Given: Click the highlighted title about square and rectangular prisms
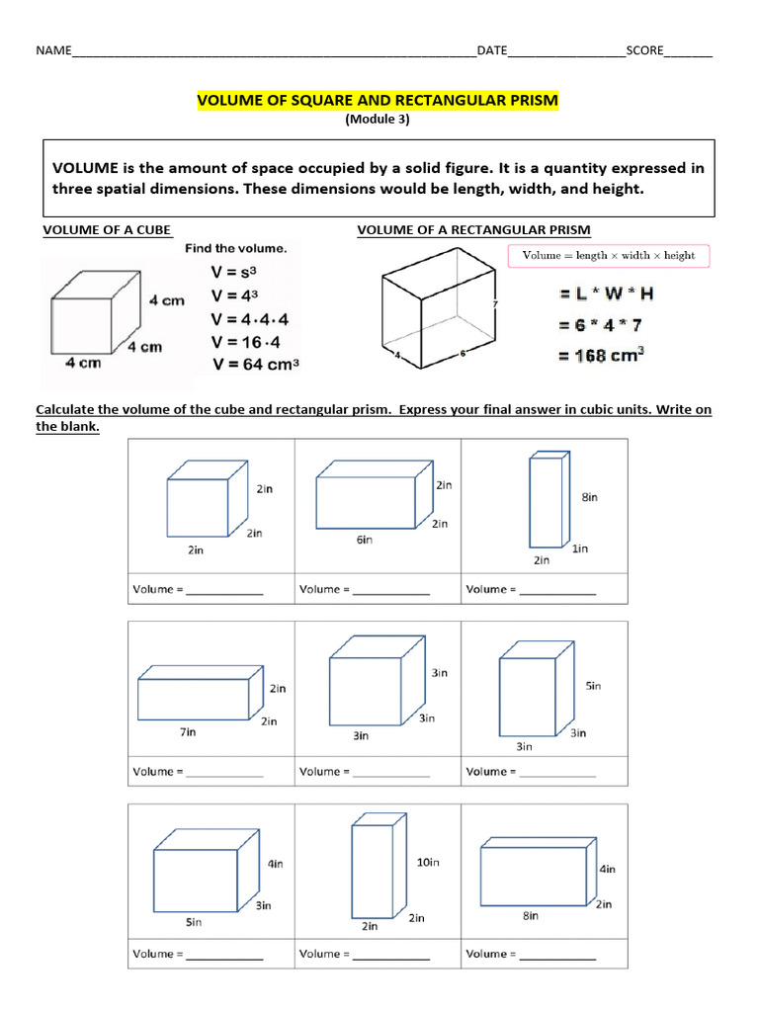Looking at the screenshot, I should pyautogui.click(x=378, y=101).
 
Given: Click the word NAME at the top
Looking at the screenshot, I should pyautogui.click(x=54, y=50).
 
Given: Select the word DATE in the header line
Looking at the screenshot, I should pyautogui.click(x=492, y=50).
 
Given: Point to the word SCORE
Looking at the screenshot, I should pyautogui.click(x=644, y=50).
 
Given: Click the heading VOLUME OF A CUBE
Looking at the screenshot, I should pyautogui.click(x=107, y=230).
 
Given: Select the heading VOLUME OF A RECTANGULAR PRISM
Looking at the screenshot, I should pyautogui.click(x=473, y=230).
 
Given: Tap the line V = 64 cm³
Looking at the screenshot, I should pyautogui.click(x=255, y=364).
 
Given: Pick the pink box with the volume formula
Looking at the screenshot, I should pyautogui.click(x=608, y=255).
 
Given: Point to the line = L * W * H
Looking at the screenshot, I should pyautogui.click(x=606, y=293).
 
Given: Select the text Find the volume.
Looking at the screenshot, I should pyautogui.click(x=235, y=249).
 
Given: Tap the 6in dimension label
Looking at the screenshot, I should pyautogui.click(x=365, y=540).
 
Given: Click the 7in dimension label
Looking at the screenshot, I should pyautogui.click(x=187, y=732).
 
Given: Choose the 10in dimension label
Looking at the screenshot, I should pyautogui.click(x=428, y=862).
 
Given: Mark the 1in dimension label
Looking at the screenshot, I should pyautogui.click(x=580, y=548).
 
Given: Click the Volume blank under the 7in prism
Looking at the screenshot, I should pyautogui.click(x=223, y=772).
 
